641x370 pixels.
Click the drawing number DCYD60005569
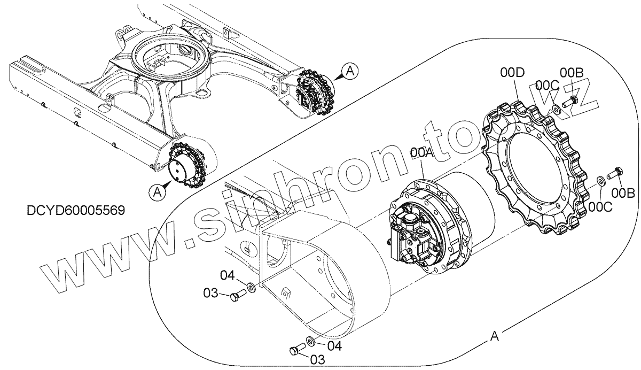click(x=75, y=210)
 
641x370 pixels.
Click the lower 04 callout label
click(x=334, y=346)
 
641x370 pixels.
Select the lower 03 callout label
click(x=317, y=360)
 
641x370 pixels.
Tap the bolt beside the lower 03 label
click(x=295, y=350)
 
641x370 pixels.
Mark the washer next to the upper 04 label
click(x=251, y=288)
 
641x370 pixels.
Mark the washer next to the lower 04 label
click(x=310, y=341)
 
